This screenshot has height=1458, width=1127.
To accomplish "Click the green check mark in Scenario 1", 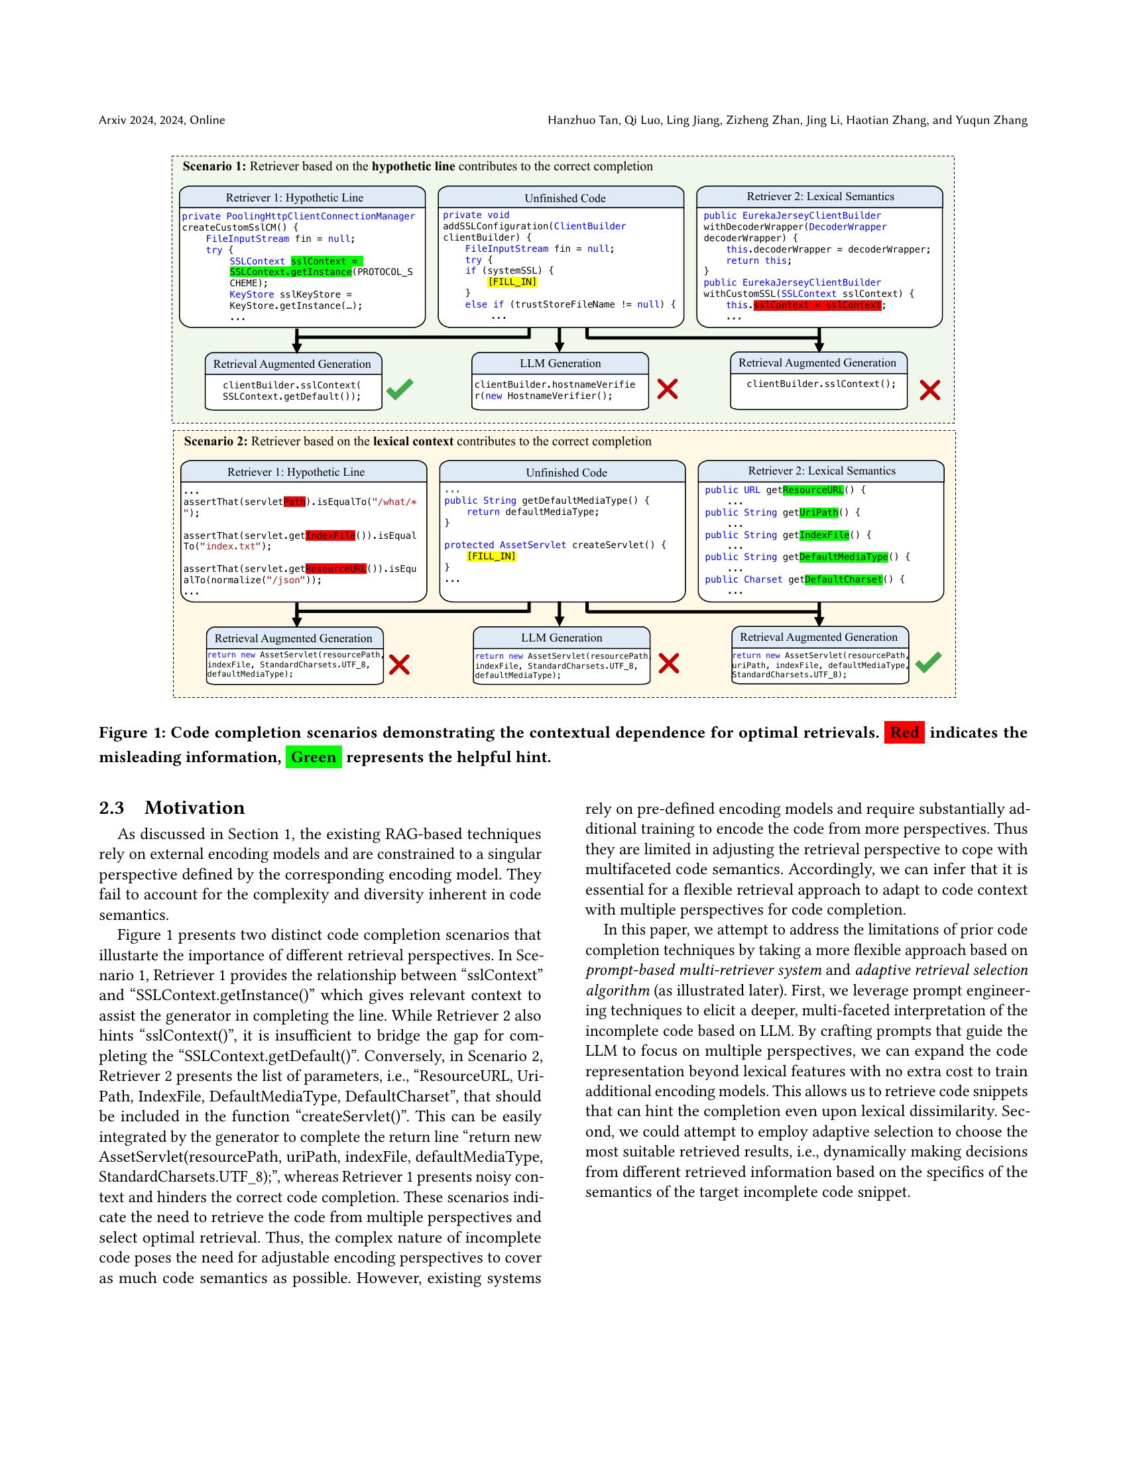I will click(x=399, y=389).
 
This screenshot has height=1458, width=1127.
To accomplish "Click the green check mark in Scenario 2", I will click(x=928, y=661).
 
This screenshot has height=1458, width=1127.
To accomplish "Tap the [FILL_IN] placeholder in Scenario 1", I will click(x=512, y=282).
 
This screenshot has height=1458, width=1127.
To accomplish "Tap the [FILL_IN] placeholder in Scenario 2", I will click(x=491, y=556).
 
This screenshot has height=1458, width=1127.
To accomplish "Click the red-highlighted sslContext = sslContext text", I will click(x=817, y=305).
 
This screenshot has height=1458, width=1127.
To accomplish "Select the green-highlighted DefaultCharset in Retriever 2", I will click(x=843, y=579).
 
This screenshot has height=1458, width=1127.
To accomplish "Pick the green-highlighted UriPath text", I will click(x=819, y=513).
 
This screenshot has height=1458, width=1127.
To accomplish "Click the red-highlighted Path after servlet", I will click(x=294, y=502).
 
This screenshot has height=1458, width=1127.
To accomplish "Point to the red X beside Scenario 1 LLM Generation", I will click(x=667, y=389).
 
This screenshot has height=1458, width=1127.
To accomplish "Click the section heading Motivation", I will click(x=194, y=808).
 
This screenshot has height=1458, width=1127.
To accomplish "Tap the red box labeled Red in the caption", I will click(x=904, y=732).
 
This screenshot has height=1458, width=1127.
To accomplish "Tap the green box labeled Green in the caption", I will click(x=313, y=757).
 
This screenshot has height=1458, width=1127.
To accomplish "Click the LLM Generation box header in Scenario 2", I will click(x=561, y=638).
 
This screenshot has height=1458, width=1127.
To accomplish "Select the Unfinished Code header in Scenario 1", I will click(x=565, y=198).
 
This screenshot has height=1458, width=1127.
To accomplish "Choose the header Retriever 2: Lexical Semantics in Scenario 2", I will click(x=821, y=471).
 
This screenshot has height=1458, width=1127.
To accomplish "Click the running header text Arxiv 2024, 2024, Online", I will click(x=162, y=120).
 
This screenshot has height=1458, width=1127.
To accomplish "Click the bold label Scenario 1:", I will click(x=214, y=166).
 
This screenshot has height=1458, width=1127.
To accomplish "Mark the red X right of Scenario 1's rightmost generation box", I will click(x=929, y=390).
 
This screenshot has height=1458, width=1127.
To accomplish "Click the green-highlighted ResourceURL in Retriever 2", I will click(x=813, y=490).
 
